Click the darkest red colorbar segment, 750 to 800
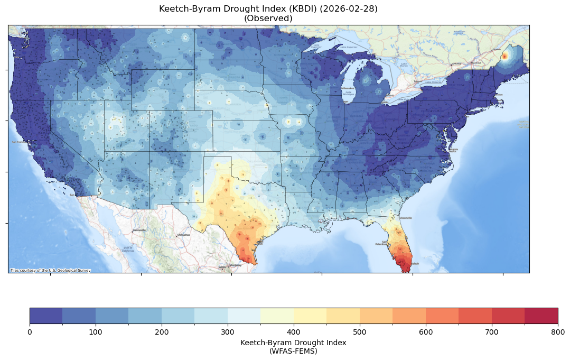pyautogui.click(x=541, y=316)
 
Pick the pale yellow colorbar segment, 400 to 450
pyautogui.click(x=310, y=316)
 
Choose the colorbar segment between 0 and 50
pyautogui.click(x=46, y=316)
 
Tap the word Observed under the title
pyautogui.click(x=268, y=19)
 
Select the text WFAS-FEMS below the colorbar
pyautogui.click(x=293, y=350)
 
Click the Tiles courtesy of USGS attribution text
pyautogui.click(x=50, y=271)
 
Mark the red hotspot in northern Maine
pyautogui.click(x=504, y=56)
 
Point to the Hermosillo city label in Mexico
pyautogui.click(x=138, y=230)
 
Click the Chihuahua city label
pyautogui.click(x=183, y=235)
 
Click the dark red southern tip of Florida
pyautogui.click(x=406, y=267)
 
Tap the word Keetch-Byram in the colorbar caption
pyautogui.click(x=264, y=343)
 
